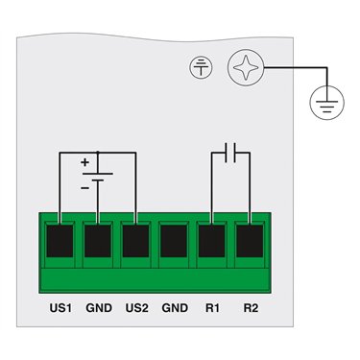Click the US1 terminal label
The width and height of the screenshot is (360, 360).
(x=60, y=308)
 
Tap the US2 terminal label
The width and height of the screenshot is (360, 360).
(x=137, y=308)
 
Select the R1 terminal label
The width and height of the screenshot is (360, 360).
(x=212, y=308)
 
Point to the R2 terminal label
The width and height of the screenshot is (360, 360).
(x=251, y=308)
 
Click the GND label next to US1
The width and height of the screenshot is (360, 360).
(x=99, y=308)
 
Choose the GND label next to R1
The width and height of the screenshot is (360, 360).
(x=175, y=308)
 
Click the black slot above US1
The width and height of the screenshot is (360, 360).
(x=60, y=241)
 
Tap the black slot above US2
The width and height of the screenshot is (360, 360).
(x=135, y=241)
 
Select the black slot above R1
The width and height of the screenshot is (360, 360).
(x=211, y=241)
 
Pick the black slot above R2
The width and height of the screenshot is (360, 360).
(x=250, y=241)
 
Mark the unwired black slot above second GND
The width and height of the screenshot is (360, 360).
(x=174, y=241)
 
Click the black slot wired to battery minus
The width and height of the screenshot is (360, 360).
(x=98, y=241)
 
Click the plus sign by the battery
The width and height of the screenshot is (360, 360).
(x=84, y=162)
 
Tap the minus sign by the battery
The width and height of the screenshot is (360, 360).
(x=84, y=188)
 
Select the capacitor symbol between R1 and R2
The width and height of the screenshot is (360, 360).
(x=230, y=153)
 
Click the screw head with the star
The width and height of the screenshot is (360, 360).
(x=246, y=67)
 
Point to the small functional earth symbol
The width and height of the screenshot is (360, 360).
(x=201, y=67)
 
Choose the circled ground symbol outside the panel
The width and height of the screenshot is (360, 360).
(x=326, y=103)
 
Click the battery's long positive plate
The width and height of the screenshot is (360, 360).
(x=98, y=174)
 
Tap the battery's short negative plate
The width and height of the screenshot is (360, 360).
(x=98, y=180)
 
